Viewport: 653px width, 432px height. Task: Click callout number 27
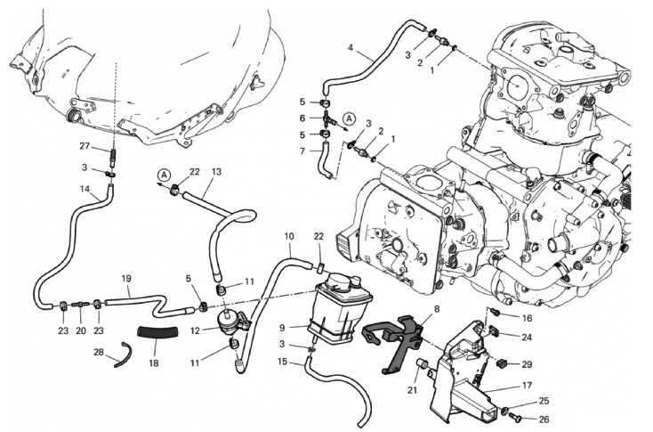click(x=85, y=146)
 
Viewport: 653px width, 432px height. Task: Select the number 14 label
click(x=85, y=189)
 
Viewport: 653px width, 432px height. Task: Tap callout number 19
click(x=126, y=278)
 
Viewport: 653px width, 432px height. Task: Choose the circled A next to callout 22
click(x=165, y=174)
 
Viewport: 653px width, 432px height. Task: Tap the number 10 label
click(x=288, y=236)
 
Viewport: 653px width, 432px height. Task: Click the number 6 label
click(x=302, y=118)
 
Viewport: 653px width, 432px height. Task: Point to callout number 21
click(x=412, y=390)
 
